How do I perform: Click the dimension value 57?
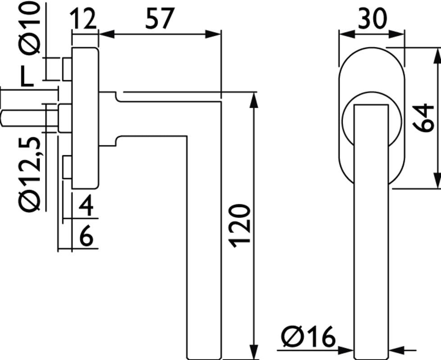(x=160, y=18)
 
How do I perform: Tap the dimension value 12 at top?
(x=83, y=18)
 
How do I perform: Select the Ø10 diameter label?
(x=29, y=28)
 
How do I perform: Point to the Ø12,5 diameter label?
(x=30, y=174)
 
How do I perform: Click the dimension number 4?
(x=86, y=206)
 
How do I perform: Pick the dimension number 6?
(x=86, y=236)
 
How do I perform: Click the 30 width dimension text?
(x=372, y=18)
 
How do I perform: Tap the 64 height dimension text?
(x=425, y=118)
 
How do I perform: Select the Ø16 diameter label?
(x=309, y=337)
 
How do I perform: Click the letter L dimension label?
(x=27, y=76)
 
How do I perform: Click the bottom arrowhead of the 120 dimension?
(x=254, y=351)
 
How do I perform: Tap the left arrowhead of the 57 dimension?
(x=107, y=34)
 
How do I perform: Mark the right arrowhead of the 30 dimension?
(x=396, y=34)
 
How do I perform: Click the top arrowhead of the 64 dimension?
(x=437, y=56)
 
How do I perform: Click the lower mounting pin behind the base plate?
(x=67, y=167)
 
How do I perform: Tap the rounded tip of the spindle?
(x=2, y=118)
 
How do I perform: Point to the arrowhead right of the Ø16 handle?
(x=397, y=351)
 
